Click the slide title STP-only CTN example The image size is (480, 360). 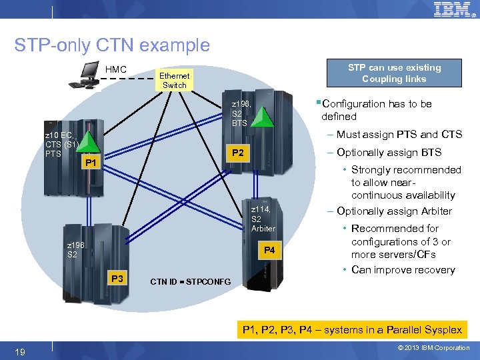click(112, 45)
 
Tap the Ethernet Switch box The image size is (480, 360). click(175, 81)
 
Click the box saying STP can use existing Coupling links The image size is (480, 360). click(394, 73)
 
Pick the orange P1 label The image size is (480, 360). click(91, 163)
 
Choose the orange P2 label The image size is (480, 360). click(237, 153)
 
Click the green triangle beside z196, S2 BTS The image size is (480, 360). click(266, 117)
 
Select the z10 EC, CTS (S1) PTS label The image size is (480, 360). click(63, 145)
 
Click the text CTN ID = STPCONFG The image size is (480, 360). click(191, 281)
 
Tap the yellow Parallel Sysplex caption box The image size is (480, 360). click(353, 330)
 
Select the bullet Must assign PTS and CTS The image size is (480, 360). click(399, 135)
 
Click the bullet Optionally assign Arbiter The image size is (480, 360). click(394, 211)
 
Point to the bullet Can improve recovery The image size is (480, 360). click(403, 270)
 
